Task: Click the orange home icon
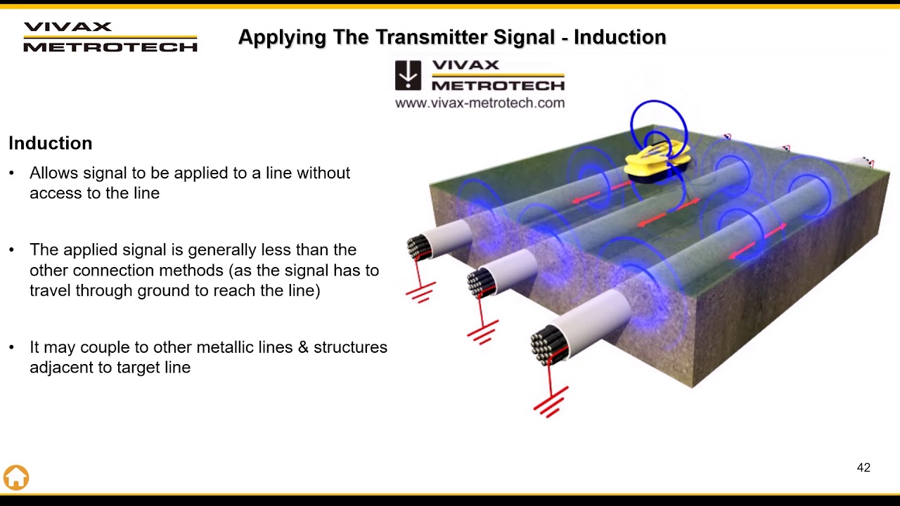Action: point(16,477)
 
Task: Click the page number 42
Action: point(863,467)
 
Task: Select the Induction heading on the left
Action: point(51,143)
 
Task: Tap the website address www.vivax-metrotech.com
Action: point(480,103)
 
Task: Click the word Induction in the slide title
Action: point(619,37)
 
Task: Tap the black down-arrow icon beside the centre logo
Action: point(408,75)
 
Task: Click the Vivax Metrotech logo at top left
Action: point(110,37)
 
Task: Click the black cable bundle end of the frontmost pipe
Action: point(549,344)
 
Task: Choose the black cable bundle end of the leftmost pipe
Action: point(418,247)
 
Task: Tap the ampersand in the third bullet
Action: point(304,347)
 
